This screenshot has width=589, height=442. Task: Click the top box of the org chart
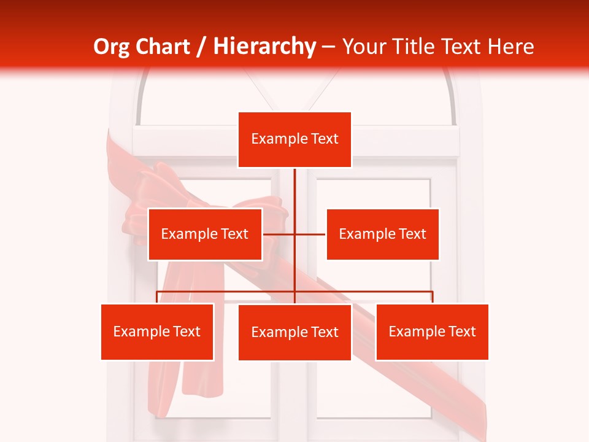pos(294,139)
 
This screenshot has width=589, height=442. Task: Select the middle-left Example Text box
pos(205,234)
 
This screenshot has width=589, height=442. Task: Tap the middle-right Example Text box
pos(382,234)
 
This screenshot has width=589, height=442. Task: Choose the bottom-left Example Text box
pos(157,331)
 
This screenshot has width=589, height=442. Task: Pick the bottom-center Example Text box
pos(294,332)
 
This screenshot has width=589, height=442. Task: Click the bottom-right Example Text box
pos(432,331)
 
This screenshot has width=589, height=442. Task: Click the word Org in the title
pos(112,47)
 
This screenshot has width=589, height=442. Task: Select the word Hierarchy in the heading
pos(264,47)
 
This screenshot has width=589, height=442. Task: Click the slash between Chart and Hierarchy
pos(201,47)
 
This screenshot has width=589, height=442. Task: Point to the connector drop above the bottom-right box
pos(432,297)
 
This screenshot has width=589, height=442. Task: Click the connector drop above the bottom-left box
pos(157,297)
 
